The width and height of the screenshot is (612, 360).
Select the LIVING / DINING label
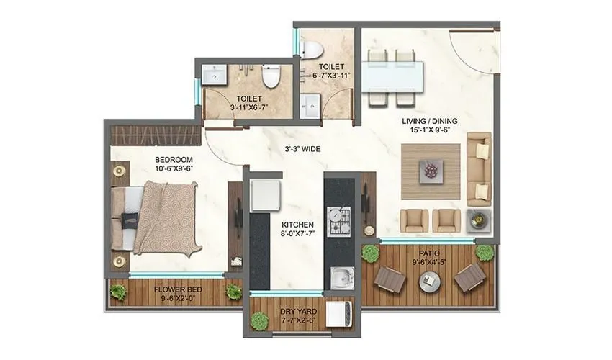point(430,121)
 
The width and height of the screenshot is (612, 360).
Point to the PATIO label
point(430,253)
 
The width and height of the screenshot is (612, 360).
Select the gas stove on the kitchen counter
point(337,222)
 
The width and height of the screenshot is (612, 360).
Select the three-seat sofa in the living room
point(478,167)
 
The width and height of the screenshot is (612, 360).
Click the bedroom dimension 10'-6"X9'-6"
point(174,170)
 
